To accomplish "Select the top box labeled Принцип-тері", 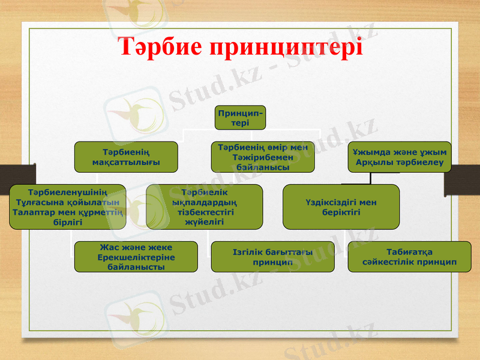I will (240, 117).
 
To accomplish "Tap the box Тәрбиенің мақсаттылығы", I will (126, 157).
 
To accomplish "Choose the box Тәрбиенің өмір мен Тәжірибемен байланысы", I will (262, 157).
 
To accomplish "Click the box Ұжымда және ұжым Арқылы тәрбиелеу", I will (399, 157).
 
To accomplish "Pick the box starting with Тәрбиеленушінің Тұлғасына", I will (68, 207).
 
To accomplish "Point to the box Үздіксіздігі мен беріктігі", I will (341, 207).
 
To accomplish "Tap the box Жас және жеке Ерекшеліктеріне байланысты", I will (136, 257).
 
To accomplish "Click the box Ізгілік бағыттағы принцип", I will (273, 257).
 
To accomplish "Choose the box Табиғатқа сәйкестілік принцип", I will (409, 257).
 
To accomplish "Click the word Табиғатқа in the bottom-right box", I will (410, 251).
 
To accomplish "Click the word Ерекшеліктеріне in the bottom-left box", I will (135, 257).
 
